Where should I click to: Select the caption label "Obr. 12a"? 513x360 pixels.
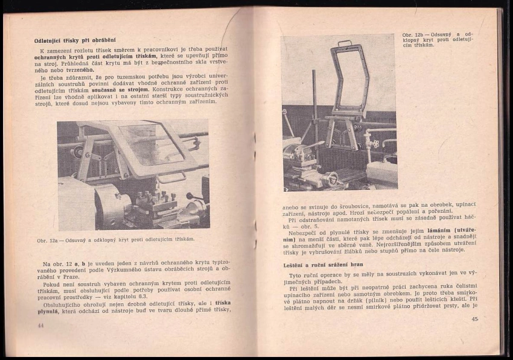(x=49, y=239)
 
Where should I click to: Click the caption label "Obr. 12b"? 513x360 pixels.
(x=413, y=35)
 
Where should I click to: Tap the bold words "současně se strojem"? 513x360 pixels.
(x=112, y=89)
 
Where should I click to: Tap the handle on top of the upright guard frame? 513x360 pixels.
(x=345, y=43)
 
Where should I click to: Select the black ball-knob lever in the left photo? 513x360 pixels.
(x=191, y=197)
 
